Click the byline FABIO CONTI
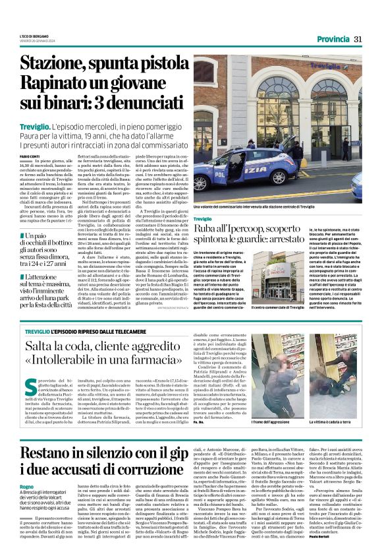pos(30,154)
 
